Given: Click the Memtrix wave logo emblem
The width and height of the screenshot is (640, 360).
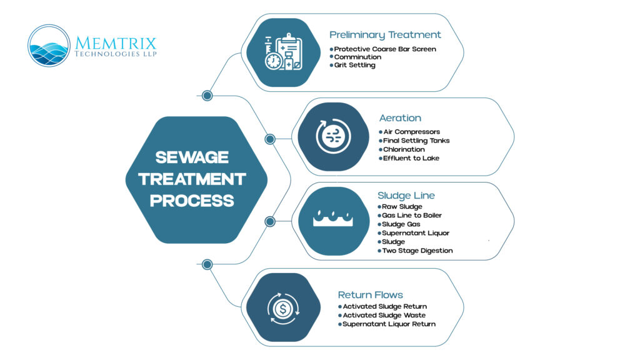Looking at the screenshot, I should (49, 46).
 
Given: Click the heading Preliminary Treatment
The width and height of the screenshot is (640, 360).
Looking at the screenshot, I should (385, 35).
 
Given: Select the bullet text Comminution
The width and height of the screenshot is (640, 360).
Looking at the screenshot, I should (357, 57).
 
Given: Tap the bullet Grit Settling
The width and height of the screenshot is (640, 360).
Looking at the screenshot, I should (354, 65).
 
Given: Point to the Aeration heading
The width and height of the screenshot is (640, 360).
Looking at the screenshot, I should (400, 117).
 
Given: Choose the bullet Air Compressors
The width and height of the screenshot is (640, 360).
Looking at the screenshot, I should (411, 132).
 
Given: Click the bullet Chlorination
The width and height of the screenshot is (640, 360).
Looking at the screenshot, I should (404, 149).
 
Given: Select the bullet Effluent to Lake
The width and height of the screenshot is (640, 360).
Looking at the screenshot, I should (411, 158).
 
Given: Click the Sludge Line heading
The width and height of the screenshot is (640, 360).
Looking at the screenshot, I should (406, 195).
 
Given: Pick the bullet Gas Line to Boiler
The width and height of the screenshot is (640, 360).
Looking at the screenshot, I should (412, 216).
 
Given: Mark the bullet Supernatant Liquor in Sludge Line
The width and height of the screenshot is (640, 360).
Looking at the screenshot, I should (416, 233).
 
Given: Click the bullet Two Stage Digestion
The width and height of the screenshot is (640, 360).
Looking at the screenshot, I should (417, 251).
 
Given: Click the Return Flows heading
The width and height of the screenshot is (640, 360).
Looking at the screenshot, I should (371, 294).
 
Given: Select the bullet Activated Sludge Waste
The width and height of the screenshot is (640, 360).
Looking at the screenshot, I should (384, 316).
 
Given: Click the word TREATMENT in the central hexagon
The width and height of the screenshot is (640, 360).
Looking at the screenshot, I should (192, 179).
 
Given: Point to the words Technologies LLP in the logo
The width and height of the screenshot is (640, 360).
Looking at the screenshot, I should (116, 54).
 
